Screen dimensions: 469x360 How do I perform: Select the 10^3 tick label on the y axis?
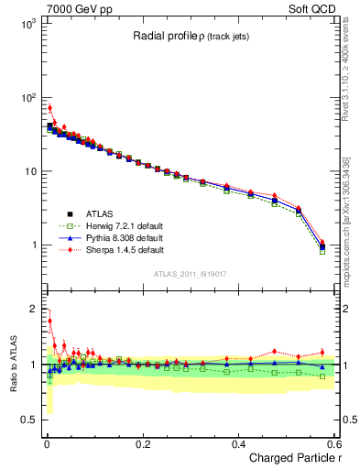27,25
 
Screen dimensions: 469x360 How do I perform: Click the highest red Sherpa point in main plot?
49,108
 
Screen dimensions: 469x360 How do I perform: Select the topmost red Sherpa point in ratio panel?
49,321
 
